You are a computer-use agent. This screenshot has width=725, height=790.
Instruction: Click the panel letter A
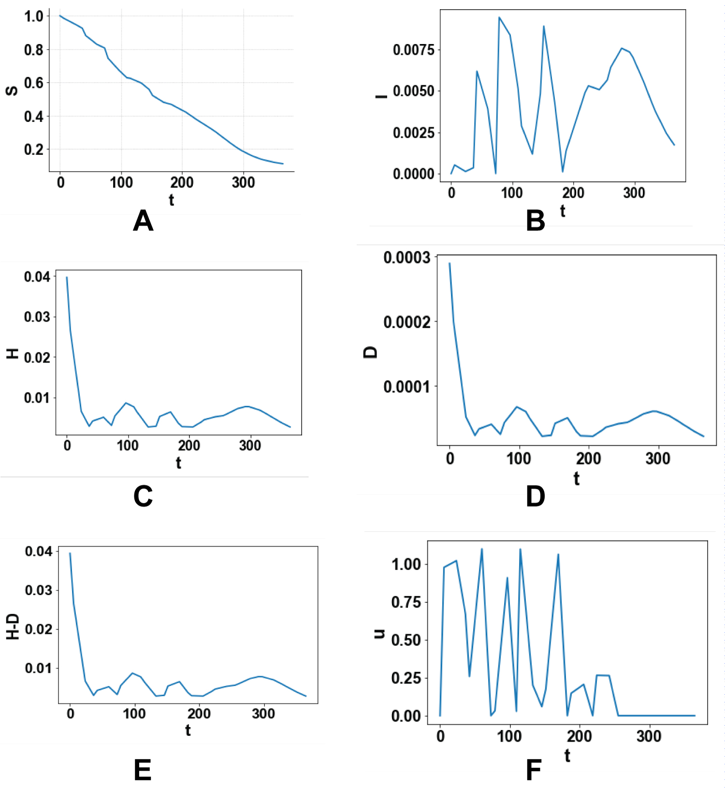(x=143, y=221)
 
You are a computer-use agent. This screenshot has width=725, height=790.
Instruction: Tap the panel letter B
(x=535, y=221)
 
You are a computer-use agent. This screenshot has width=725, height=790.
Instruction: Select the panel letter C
(x=143, y=497)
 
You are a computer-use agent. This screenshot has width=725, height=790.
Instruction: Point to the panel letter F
(x=534, y=771)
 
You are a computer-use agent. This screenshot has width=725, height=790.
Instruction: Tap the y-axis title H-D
(x=13, y=627)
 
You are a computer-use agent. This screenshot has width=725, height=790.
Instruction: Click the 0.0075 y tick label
(x=414, y=50)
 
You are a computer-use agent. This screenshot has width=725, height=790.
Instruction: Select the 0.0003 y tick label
(x=406, y=258)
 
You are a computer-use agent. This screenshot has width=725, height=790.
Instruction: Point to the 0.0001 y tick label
(x=406, y=387)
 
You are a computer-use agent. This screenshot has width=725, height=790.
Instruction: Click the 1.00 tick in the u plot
(x=406, y=564)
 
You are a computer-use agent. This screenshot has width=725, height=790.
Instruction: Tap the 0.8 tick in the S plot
(x=34, y=50)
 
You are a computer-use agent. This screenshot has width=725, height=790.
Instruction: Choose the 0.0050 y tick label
(x=414, y=91)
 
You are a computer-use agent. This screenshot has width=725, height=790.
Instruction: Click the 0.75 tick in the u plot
(x=406, y=602)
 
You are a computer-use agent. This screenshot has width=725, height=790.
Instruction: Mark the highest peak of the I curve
(x=499, y=17)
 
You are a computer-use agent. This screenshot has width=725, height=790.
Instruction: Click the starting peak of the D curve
(x=449, y=263)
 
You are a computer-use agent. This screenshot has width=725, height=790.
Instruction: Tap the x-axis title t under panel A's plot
(x=171, y=200)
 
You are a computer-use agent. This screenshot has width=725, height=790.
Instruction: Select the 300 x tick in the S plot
(x=243, y=183)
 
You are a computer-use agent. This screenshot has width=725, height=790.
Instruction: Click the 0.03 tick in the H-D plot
(x=39, y=590)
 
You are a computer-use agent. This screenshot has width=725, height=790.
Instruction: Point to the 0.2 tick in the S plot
(x=34, y=149)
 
